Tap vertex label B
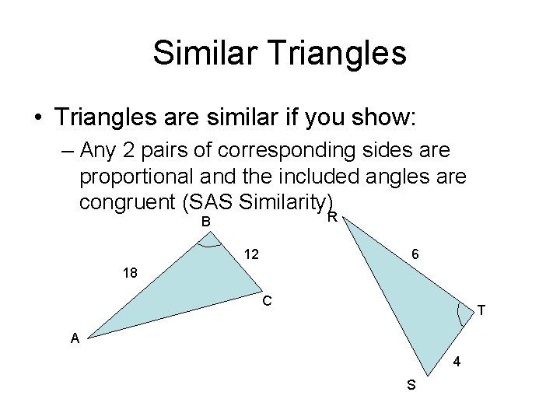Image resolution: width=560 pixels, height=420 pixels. pyautogui.click(x=206, y=222)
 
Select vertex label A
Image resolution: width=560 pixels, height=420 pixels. pyautogui.click(x=75, y=337)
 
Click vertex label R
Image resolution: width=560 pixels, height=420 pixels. pyautogui.click(x=332, y=217)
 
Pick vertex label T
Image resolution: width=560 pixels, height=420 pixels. pyautogui.click(x=481, y=311)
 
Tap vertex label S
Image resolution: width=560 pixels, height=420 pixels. pyautogui.click(x=411, y=385)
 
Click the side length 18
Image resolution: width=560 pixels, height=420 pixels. pyautogui.click(x=131, y=273)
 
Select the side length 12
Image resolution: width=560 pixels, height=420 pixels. pyautogui.click(x=251, y=254)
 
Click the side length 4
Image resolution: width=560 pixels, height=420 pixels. pyautogui.click(x=457, y=362)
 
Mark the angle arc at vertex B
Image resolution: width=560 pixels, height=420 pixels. pyautogui.click(x=209, y=244)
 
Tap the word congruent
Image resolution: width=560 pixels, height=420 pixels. pyautogui.click(x=126, y=202)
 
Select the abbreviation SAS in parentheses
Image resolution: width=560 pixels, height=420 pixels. pyautogui.click(x=209, y=202)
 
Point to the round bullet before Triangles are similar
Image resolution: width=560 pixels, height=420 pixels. pyautogui.click(x=38, y=119)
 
